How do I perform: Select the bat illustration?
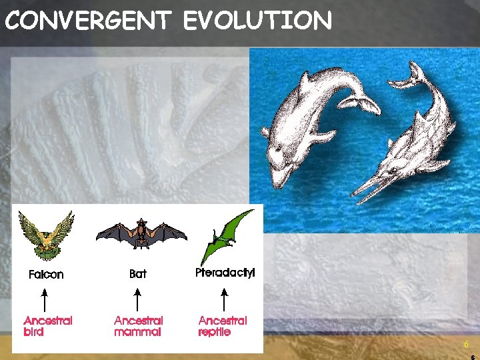pos(141,234)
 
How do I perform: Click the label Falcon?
pos(46,274)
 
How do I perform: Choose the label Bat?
pos(138,273)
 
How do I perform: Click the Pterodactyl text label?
pos(225,273)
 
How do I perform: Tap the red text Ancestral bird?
pos(47,326)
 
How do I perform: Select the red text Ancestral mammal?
pos(139,326)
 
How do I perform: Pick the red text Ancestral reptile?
pos(223,326)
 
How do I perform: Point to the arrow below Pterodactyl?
pos(224,297)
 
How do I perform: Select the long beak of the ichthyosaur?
pos(371,189)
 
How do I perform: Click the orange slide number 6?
pos(467,345)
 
